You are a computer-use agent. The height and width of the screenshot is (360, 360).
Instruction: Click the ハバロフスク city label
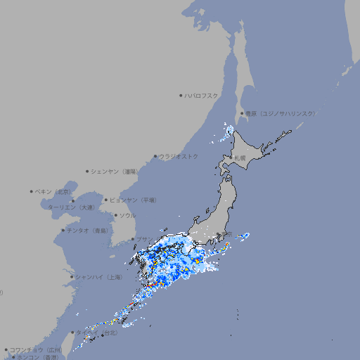[x=202, y=95]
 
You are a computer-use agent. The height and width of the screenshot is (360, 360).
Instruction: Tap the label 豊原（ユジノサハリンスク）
[x=280, y=113]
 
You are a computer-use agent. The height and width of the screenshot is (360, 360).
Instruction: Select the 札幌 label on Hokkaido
[x=240, y=157]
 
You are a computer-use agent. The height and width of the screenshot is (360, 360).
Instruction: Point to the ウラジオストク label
[x=179, y=156]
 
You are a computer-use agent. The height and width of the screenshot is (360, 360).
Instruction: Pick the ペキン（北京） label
[x=53, y=191]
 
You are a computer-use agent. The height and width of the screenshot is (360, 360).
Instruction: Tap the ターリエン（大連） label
[x=71, y=207]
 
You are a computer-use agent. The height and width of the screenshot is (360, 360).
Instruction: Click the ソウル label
[x=127, y=215]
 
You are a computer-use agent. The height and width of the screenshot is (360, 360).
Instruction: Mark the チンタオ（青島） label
[x=87, y=230]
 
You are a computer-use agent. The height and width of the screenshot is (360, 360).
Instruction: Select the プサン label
[x=143, y=239]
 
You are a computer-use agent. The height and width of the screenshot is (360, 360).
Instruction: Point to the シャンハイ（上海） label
[x=98, y=277]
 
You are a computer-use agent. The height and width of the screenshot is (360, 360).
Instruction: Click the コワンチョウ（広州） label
[x=36, y=349]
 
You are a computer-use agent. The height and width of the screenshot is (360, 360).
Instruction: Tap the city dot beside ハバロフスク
[x=181, y=95]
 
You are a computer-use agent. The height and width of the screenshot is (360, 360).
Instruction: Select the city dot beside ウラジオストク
[x=155, y=156]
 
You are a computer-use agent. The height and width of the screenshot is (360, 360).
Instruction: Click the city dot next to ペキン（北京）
[x=32, y=191]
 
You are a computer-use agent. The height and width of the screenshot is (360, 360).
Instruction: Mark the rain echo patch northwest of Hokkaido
[x=229, y=130]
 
